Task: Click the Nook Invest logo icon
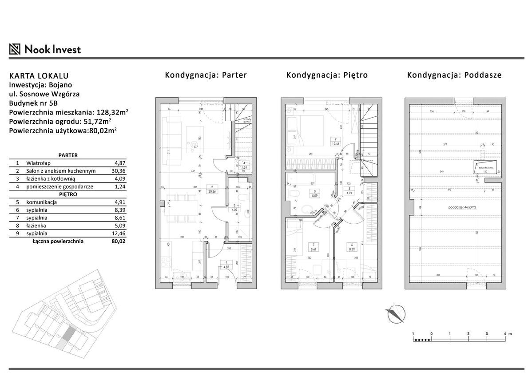15,49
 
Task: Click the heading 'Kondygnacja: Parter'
206,75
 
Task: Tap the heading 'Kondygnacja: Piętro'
327,75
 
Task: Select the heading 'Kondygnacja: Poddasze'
454,75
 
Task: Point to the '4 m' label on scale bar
507,333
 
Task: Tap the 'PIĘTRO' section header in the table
68,194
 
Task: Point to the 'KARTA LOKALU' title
39,76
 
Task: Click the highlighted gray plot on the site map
68,335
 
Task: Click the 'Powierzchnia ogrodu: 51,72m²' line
60,120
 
